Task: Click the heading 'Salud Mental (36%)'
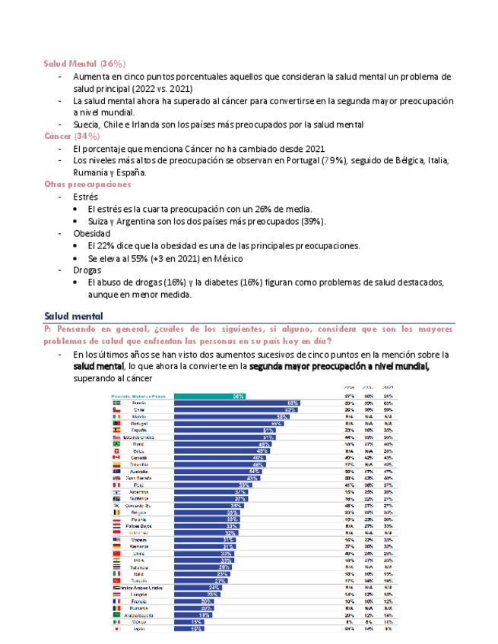coord(84,63)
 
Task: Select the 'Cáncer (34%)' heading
coord(72,136)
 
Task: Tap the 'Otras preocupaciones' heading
coord(87,185)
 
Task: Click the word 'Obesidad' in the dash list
coord(91,233)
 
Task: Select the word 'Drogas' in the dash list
coord(87,270)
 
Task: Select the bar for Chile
coord(235,409)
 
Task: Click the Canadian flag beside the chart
coord(116,457)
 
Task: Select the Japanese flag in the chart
coord(116,629)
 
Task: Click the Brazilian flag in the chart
coord(116,444)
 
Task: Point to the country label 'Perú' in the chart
coord(138,485)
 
